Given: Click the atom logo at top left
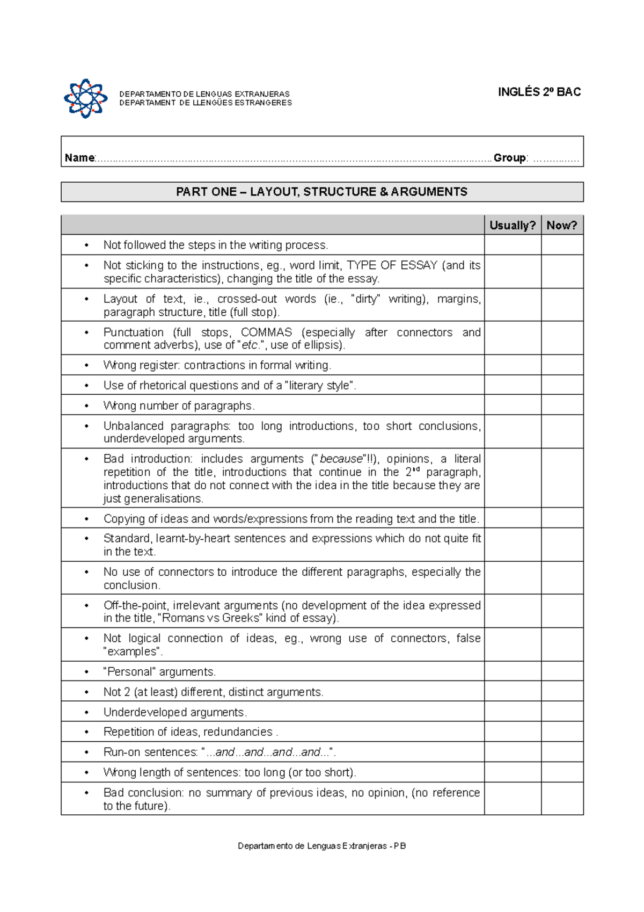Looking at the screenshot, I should click(x=86, y=98).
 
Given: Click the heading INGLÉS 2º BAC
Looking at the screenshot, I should click(x=539, y=92).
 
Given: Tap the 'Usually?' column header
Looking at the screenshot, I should click(x=512, y=226).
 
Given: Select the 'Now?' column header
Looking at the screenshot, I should click(x=561, y=226).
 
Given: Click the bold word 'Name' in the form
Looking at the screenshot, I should click(x=79, y=158).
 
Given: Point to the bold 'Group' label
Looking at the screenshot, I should click(x=509, y=158).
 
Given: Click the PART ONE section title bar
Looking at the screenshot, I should click(x=322, y=192).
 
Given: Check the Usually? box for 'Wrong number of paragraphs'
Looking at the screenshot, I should click(x=512, y=405).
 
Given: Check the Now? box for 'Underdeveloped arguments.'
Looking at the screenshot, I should click(x=561, y=712).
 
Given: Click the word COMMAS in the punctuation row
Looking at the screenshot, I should click(x=266, y=332).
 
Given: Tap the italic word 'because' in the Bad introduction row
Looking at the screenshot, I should click(x=341, y=459).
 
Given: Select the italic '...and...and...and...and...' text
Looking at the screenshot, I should click(x=268, y=752).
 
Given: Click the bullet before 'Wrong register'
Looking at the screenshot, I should click(x=86, y=365).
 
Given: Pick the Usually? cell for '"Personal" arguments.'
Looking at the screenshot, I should click(x=512, y=671).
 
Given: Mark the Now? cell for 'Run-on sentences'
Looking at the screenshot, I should click(x=561, y=752).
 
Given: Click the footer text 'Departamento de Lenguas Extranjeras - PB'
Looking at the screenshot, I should click(x=322, y=846).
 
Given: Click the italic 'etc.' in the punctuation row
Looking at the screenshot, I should click(x=250, y=345).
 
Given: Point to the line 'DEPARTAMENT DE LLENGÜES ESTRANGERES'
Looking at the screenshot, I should click(x=206, y=103).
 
